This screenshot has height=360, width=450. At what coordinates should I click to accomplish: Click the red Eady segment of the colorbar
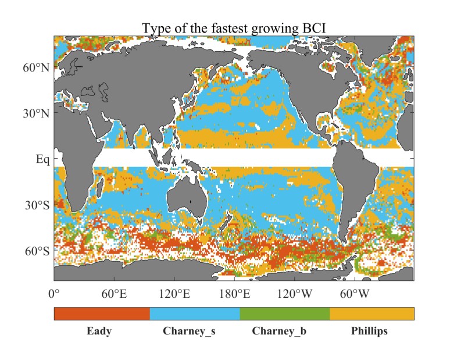[102, 313]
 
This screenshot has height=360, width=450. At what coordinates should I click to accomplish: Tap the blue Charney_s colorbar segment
[195, 313]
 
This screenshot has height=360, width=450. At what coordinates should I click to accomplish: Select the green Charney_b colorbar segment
[285, 313]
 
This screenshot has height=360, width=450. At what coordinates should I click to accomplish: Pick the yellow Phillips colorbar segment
[372, 313]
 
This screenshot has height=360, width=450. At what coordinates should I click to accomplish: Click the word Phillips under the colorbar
[369, 332]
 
